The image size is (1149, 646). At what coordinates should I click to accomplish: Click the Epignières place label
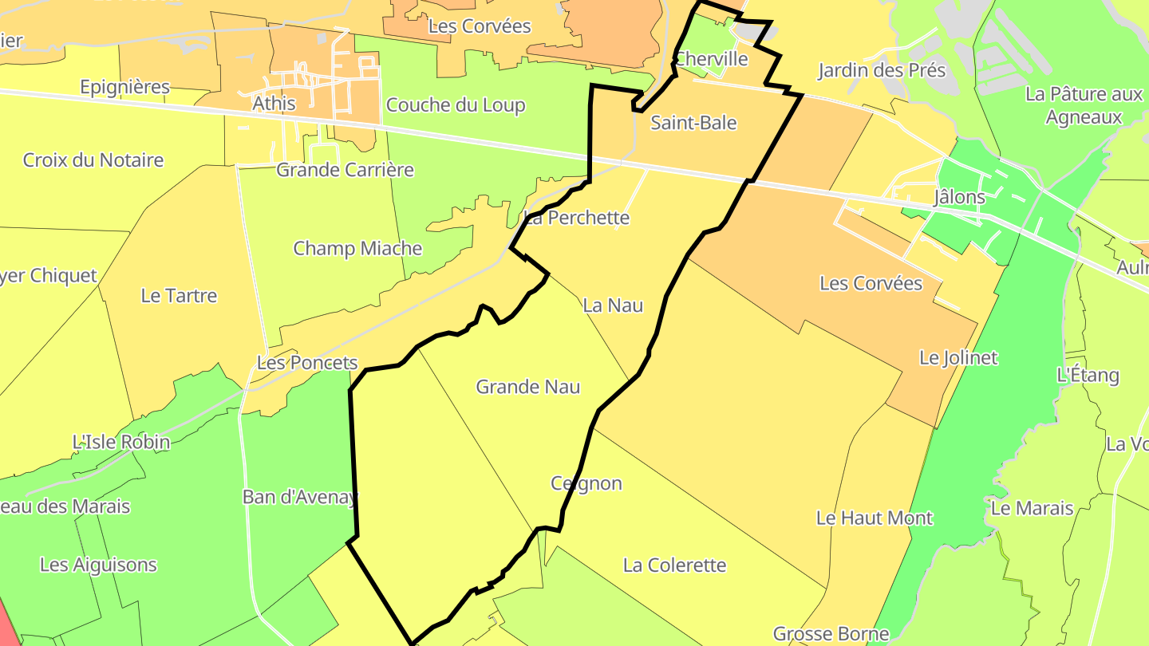tap(125, 87)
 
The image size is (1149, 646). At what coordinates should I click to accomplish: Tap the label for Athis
tap(274, 104)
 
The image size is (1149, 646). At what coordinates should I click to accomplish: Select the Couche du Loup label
tap(456, 105)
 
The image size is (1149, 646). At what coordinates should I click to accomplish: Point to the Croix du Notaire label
tap(93, 160)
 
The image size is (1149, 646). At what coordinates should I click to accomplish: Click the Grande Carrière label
tap(345, 170)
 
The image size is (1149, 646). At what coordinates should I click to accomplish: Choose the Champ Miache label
tap(357, 249)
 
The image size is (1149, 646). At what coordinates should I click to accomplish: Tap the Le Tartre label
tap(179, 296)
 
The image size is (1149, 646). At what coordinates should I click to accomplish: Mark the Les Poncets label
tap(307, 363)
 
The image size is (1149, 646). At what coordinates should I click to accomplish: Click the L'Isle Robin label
tap(121, 442)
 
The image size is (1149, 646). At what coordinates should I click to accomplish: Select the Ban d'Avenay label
tap(300, 498)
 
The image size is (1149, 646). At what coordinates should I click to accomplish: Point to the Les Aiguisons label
tap(98, 565)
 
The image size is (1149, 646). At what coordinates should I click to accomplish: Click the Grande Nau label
tap(528, 388)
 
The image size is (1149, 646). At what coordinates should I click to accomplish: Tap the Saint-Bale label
tap(693, 123)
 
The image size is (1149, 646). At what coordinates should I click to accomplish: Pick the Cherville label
tap(711, 59)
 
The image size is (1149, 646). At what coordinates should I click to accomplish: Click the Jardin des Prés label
tap(882, 71)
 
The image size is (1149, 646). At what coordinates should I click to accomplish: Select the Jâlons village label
tap(959, 197)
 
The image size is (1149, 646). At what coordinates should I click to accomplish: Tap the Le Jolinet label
tap(958, 358)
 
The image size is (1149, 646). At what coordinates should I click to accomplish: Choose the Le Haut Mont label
tap(875, 518)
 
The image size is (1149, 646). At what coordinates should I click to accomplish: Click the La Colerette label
tap(675, 566)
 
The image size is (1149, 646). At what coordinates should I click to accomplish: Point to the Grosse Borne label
tap(831, 635)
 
